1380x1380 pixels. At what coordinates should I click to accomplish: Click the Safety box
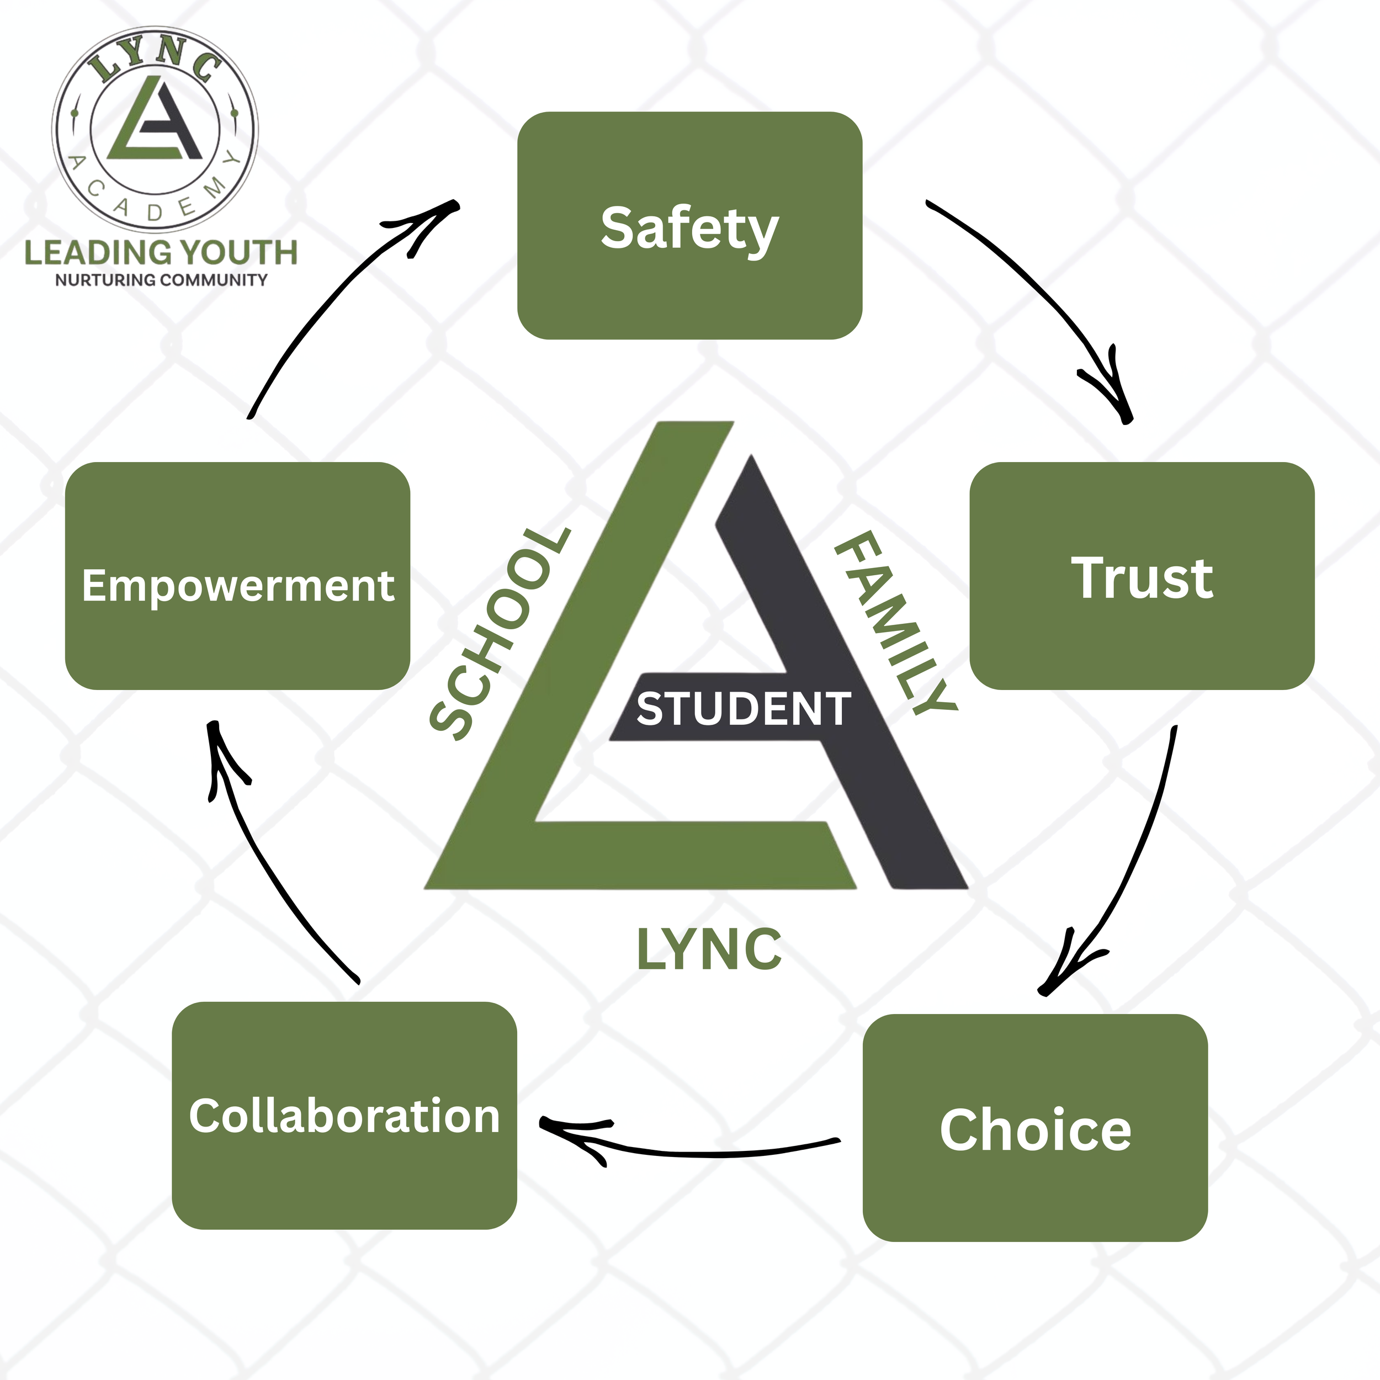click(x=689, y=226)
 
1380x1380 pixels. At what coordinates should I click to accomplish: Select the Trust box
click(x=1142, y=576)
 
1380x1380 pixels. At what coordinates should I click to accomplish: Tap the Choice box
click(x=1035, y=1129)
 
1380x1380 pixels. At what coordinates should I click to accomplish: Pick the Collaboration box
click(x=344, y=1116)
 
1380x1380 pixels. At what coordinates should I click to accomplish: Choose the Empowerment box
click(x=237, y=576)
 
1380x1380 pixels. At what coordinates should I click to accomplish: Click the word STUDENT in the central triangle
click(x=743, y=709)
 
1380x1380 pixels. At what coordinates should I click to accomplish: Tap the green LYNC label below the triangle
click(x=709, y=950)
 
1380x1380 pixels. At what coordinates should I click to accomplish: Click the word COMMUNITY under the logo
click(x=214, y=280)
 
